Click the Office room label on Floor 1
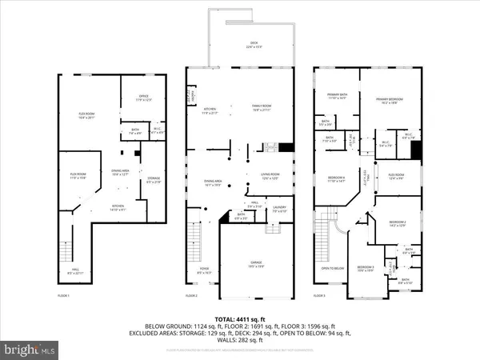[142, 98]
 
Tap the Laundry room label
[279, 210]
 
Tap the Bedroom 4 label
[336, 178]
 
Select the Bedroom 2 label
[398, 223]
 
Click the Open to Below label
[333, 269]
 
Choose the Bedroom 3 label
[366, 268]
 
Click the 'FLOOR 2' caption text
[191, 296]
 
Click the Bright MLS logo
[30, 350]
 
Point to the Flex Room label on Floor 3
[397, 176]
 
